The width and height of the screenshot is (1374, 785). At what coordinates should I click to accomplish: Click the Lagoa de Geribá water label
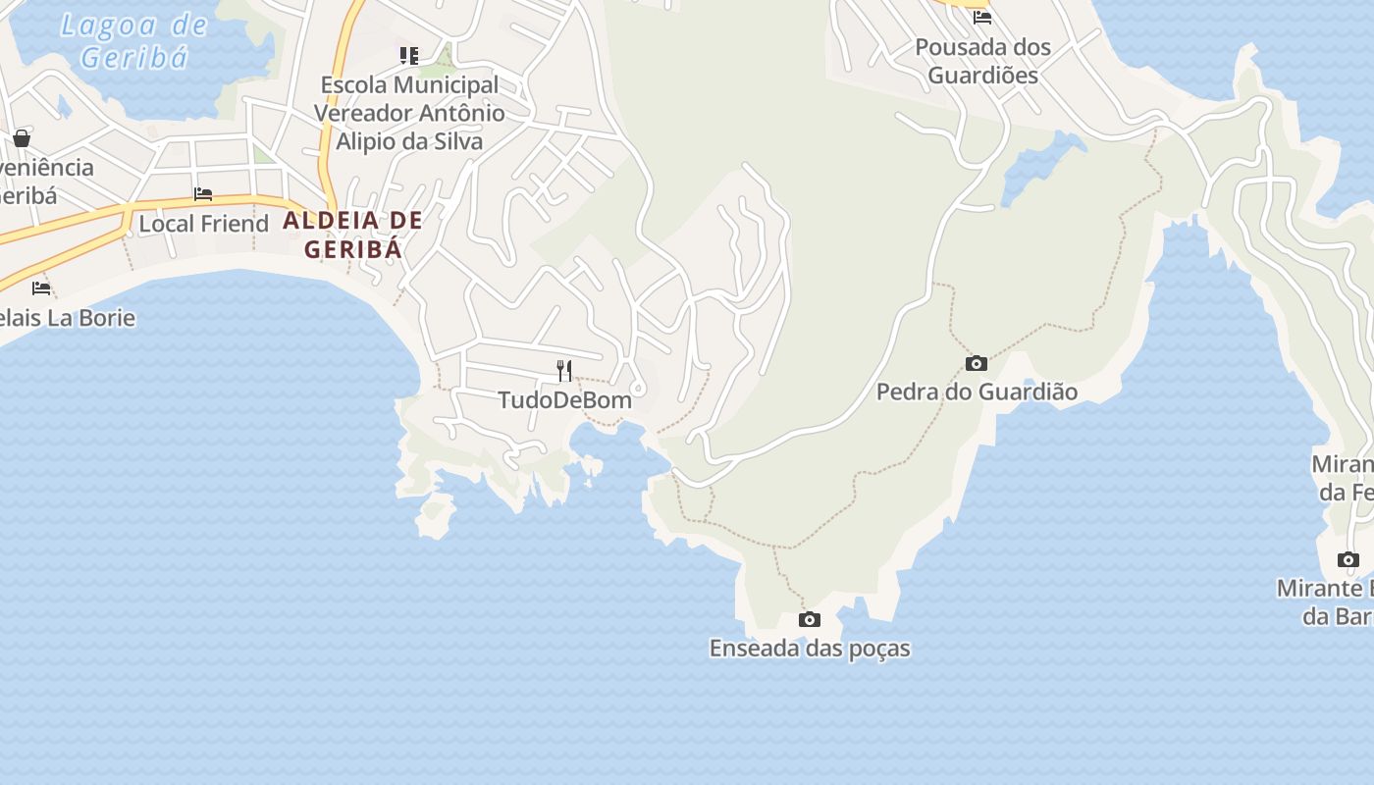[x=134, y=41]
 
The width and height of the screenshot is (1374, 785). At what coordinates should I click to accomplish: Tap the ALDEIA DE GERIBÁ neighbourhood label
[x=353, y=235]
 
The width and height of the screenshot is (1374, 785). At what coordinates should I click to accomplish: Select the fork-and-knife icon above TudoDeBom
[x=564, y=370]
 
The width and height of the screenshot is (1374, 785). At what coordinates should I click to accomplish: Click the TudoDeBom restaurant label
[x=564, y=400]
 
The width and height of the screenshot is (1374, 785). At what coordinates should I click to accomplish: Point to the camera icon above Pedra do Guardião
[x=976, y=363]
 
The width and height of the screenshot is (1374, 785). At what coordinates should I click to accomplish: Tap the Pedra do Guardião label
[x=977, y=392]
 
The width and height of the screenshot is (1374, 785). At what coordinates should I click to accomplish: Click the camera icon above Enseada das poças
[x=810, y=619]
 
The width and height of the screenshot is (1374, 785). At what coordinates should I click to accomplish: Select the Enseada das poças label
[x=810, y=649]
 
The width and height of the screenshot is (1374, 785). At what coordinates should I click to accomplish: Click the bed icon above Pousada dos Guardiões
[x=982, y=17]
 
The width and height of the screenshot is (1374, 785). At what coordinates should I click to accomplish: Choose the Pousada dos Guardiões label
[x=982, y=61]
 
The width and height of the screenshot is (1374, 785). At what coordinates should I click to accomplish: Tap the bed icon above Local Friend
[x=203, y=194]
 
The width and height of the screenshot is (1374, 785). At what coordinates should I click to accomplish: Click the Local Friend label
[x=203, y=224]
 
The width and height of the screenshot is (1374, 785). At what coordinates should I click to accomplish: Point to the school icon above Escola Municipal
[x=409, y=56]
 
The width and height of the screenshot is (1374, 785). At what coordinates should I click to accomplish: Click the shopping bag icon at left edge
[x=22, y=138]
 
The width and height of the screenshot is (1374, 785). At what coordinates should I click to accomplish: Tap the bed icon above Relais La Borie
[x=41, y=288]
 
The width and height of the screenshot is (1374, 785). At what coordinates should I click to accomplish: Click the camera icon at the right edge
[x=1348, y=559]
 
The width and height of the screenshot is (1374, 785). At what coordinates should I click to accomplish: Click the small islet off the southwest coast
[x=435, y=515]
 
